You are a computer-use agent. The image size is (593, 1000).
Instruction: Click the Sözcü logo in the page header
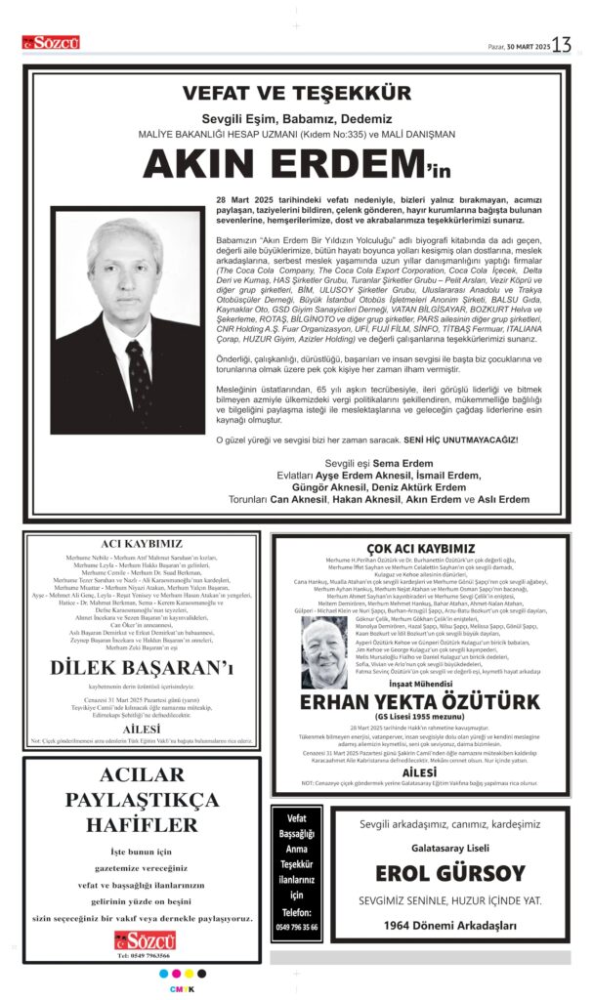(52, 43)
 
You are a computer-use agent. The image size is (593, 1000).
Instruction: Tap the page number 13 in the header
(562, 45)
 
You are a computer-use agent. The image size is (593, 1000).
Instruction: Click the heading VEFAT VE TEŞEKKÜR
(296, 95)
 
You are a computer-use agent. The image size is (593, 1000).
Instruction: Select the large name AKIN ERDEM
(282, 164)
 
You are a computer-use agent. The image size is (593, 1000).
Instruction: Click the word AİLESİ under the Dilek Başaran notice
(142, 729)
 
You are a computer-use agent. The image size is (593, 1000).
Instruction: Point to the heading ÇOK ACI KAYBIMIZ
(420, 549)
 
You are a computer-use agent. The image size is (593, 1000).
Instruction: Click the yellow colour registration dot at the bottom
(189, 973)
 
